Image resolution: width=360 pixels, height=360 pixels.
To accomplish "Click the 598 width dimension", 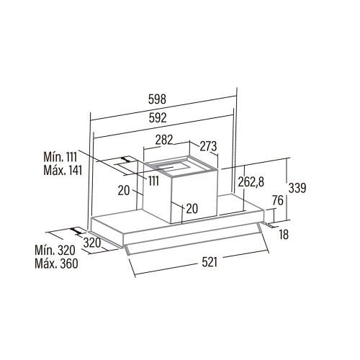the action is click(157, 99).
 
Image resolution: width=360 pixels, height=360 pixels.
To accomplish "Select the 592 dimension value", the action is click(158, 117).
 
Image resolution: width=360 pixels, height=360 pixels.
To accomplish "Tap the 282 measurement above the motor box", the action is click(164, 140).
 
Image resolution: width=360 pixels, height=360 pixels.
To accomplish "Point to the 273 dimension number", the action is click(208, 146).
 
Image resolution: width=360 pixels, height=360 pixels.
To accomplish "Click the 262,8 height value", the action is click(251, 181).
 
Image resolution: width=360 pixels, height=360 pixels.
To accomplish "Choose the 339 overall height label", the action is click(297, 188).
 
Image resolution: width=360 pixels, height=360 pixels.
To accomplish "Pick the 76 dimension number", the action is click(278, 200).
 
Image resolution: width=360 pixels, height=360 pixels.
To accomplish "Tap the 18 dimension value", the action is click(284, 234).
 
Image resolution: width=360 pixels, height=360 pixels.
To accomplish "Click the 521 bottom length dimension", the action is click(210, 262).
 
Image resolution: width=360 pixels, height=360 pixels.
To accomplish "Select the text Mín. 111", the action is click(60, 157).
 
